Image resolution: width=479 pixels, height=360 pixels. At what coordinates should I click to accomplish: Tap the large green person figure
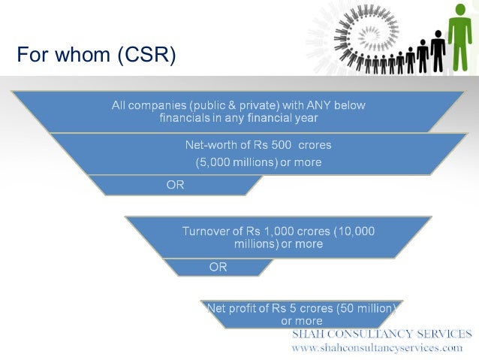coord(459,38)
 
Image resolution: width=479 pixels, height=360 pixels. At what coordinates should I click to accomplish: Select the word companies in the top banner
coord(161,105)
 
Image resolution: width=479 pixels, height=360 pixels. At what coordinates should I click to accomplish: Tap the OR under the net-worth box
coord(175,185)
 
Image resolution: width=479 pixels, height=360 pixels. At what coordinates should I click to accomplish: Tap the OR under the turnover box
coord(218,267)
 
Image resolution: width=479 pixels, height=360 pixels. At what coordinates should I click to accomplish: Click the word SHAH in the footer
coord(309,334)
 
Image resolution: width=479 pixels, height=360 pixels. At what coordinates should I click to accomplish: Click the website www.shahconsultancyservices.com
coord(377,348)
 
